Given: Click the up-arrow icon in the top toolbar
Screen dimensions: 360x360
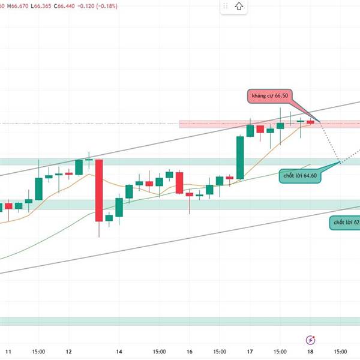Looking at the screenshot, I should (x=239, y=7).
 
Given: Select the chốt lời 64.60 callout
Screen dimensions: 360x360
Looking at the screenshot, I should (x=302, y=176).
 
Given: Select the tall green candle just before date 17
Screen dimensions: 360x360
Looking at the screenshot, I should (x=241, y=157).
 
